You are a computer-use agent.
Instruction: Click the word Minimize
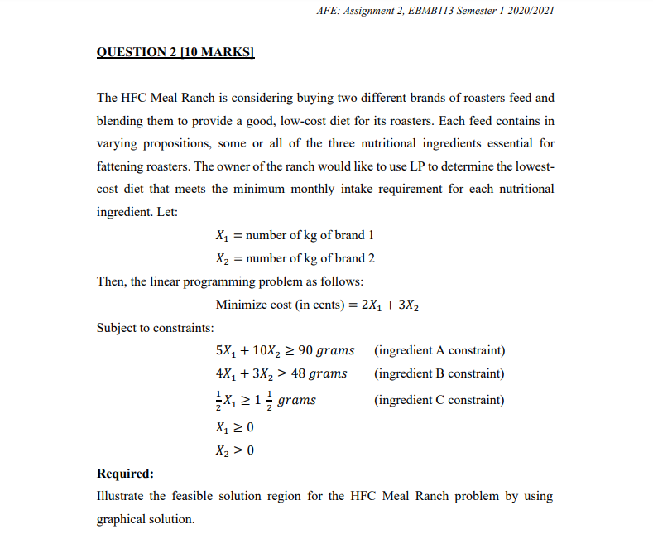point(241,305)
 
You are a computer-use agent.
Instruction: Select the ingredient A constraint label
point(439,350)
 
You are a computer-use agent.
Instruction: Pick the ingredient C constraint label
point(439,400)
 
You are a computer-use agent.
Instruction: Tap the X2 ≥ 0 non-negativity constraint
point(233,450)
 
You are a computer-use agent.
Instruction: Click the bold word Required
point(125,474)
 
